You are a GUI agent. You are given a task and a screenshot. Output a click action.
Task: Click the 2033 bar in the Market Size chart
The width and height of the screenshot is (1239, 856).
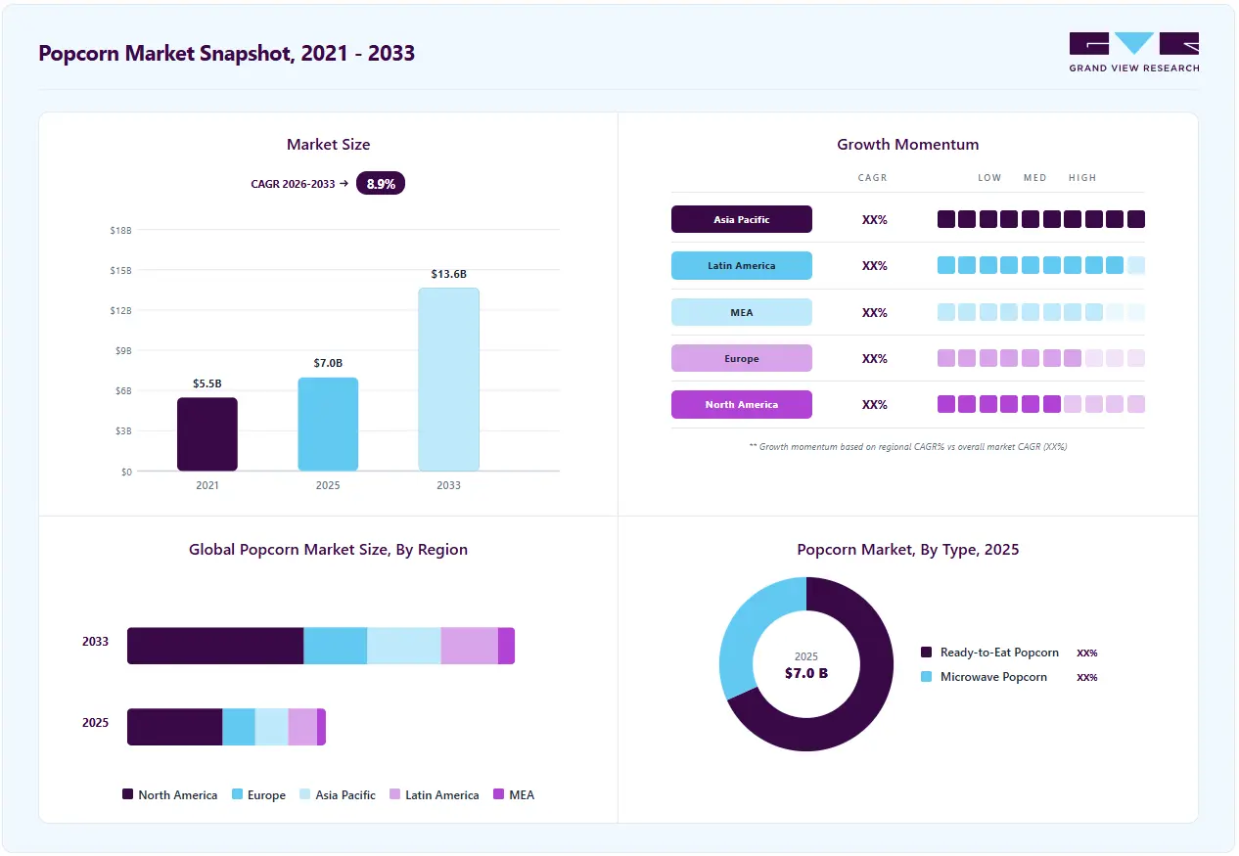(x=448, y=380)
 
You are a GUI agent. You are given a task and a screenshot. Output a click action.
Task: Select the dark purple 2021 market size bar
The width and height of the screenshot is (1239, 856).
(x=207, y=434)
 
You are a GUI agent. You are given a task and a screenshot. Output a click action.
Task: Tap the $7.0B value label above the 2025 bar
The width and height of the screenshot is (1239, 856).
(x=328, y=363)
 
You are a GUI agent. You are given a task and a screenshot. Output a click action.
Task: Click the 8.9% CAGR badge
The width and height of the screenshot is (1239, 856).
(x=381, y=184)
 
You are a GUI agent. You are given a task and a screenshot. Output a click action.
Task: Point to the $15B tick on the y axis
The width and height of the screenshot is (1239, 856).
(x=121, y=270)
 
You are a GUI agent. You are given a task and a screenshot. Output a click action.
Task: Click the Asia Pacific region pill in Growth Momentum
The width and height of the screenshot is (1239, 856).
(x=742, y=219)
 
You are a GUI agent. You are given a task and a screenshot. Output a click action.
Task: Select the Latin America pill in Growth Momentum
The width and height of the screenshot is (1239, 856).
(x=742, y=265)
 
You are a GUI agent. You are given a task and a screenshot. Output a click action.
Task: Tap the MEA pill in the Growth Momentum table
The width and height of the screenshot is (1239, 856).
(x=742, y=312)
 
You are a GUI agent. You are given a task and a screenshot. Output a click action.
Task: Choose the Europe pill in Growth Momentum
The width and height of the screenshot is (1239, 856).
(x=742, y=358)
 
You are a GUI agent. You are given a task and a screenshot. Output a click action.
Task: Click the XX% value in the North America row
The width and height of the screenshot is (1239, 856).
(x=875, y=405)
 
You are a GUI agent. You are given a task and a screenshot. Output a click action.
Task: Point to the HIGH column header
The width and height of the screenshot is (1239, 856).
(x=1082, y=177)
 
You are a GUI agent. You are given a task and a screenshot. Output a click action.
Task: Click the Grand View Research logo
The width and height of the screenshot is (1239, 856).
(x=1134, y=53)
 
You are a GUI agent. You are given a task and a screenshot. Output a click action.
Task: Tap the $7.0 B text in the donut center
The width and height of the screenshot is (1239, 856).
(x=806, y=673)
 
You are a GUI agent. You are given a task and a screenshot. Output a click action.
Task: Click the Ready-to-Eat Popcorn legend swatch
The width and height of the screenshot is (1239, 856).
(x=926, y=653)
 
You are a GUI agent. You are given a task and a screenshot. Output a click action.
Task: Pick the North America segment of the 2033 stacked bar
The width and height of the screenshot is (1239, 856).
(x=215, y=646)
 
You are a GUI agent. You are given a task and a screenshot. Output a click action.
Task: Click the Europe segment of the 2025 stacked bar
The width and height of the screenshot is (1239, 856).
(x=239, y=727)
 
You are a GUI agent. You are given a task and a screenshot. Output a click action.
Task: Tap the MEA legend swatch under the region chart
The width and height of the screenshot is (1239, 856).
(x=498, y=794)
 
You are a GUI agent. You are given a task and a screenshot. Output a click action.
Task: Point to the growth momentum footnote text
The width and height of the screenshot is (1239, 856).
(x=907, y=447)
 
